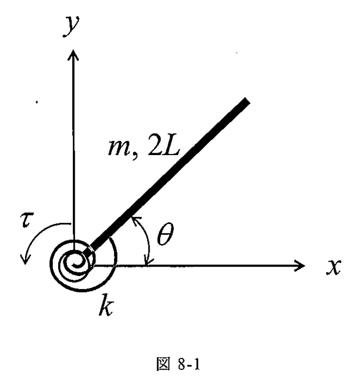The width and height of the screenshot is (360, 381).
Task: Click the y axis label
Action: coord(71,26)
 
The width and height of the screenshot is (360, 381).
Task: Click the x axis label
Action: coord(334,267)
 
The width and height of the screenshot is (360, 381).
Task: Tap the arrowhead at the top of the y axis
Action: coord(73,54)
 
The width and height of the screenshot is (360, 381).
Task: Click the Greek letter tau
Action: coord(27,220)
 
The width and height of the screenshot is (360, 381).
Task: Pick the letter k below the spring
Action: coord(106,305)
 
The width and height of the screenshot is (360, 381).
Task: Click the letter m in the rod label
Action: coord(118,148)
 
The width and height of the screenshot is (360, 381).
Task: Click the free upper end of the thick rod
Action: coord(247,100)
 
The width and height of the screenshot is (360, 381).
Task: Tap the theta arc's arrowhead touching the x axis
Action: coord(147,262)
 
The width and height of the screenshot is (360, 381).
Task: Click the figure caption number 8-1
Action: coord(189,364)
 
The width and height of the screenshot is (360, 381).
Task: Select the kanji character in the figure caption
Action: coord(163,364)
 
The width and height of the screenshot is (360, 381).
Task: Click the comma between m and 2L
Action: coord(135,156)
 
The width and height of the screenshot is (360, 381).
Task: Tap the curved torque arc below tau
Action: coord(37,233)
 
